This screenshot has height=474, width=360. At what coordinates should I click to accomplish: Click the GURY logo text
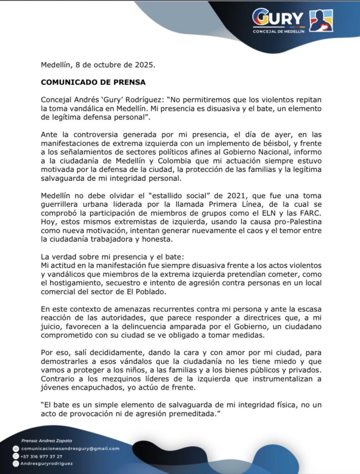[x=278, y=19]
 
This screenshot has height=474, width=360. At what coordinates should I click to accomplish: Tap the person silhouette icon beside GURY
[x=321, y=20]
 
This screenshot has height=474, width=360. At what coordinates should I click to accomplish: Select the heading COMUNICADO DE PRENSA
[x=93, y=82]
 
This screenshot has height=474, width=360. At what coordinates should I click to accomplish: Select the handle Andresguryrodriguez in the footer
[x=46, y=463]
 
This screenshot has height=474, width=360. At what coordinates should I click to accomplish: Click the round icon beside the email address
[x=16, y=449]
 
